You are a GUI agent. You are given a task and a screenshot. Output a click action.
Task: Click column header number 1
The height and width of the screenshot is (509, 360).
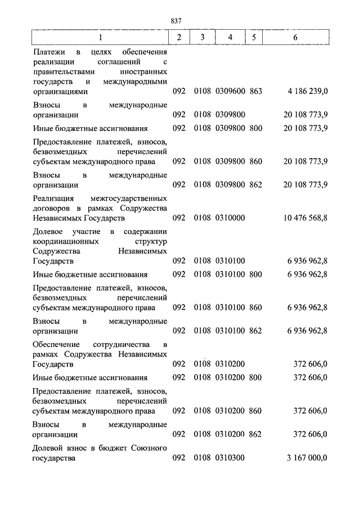(100, 38)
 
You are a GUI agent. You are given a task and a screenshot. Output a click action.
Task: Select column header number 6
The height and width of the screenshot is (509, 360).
(296, 38)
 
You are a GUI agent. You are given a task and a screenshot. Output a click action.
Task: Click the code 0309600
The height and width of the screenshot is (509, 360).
(229, 91)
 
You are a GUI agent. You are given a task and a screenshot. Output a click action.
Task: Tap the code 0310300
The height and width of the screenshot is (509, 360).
(229, 458)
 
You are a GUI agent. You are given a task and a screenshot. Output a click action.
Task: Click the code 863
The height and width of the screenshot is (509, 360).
(256, 91)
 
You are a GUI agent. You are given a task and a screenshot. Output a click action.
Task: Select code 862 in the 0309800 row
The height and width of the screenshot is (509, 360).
(256, 184)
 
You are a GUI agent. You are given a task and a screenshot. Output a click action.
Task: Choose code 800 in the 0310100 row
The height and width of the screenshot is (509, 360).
(256, 274)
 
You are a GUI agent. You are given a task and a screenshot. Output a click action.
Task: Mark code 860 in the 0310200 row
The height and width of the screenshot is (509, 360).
(256, 411)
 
